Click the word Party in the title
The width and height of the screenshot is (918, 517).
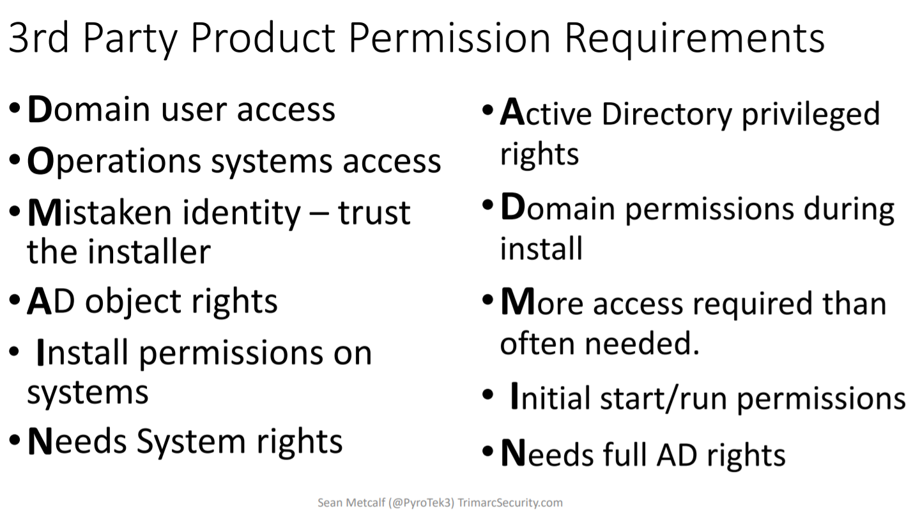(x=130, y=40)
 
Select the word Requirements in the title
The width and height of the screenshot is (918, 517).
(x=694, y=40)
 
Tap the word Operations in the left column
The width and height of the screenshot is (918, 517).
(x=114, y=162)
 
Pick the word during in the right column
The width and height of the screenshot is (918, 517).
(x=849, y=210)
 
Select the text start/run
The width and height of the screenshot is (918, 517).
(x=664, y=398)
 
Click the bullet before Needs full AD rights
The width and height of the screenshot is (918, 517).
(x=487, y=452)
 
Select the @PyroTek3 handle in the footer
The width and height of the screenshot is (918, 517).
(x=421, y=503)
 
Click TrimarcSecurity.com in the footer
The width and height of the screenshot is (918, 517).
(x=510, y=503)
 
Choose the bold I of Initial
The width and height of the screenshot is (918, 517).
(x=515, y=396)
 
